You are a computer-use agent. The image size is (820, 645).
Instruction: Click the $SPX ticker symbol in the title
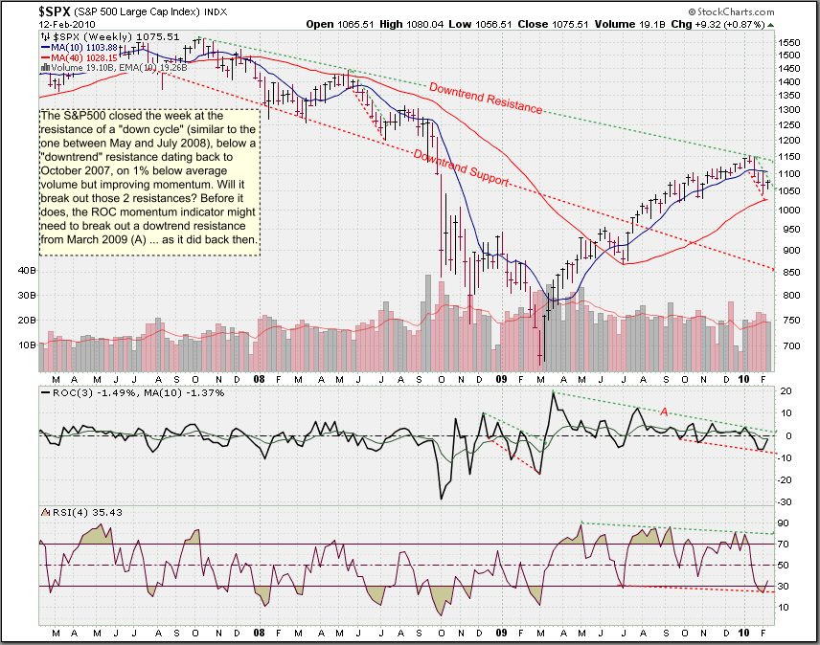click(56, 11)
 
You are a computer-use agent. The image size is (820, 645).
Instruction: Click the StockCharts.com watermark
click(731, 11)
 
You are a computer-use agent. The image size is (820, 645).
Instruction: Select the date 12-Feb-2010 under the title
click(67, 24)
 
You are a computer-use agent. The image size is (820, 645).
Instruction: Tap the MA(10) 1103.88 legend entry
click(80, 48)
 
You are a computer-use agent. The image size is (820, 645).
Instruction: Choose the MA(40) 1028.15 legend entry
click(80, 58)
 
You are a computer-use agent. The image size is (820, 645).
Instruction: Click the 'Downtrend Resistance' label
click(486, 98)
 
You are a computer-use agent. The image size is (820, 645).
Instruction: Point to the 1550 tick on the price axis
click(789, 43)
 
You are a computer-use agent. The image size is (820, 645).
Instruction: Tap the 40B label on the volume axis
click(27, 271)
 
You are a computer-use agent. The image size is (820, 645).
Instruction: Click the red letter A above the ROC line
click(664, 411)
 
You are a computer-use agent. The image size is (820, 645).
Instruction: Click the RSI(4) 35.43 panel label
click(82, 512)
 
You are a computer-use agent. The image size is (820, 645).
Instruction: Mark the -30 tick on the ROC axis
click(786, 501)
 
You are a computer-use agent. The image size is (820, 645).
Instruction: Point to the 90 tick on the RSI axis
click(784, 523)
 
